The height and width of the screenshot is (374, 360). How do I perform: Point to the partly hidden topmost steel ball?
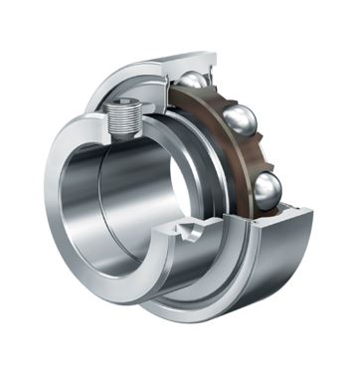point(191,80)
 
